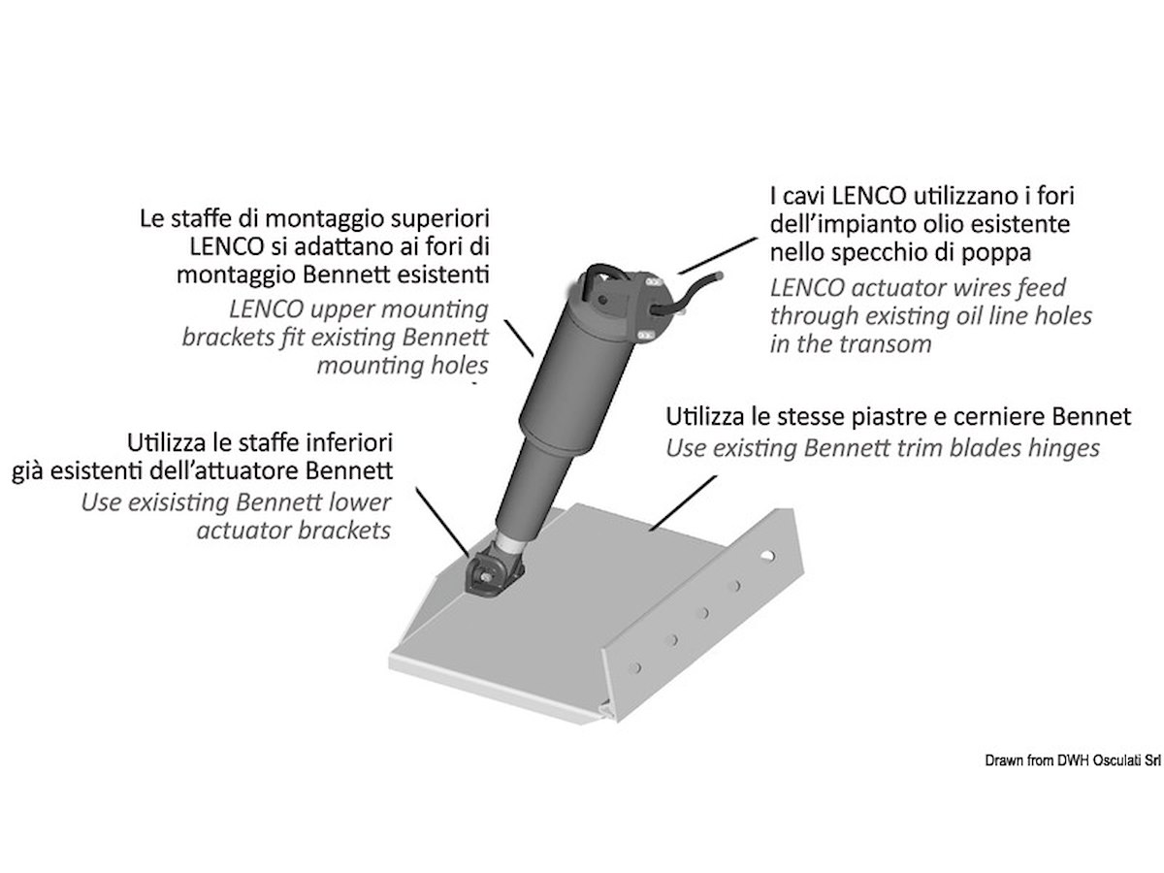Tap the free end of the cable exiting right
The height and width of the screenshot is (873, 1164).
[720, 275]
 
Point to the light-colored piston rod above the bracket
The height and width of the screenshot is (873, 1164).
[508, 542]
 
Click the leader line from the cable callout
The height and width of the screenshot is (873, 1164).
[718, 255]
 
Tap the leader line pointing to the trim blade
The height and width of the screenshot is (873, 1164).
[683, 502]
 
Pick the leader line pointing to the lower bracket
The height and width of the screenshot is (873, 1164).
[441, 522]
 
